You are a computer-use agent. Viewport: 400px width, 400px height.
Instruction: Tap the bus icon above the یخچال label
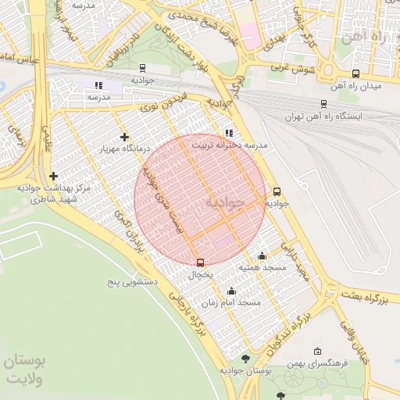point(200,262)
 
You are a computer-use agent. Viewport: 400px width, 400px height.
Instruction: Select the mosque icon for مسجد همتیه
point(261,256)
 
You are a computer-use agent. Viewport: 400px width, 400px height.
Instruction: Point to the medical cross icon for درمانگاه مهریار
point(124,137)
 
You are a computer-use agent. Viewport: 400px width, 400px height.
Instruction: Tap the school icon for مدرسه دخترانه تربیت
point(228,134)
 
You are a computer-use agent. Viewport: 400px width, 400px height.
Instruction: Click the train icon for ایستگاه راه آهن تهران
point(323,104)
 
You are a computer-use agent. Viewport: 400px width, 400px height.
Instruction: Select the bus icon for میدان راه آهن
point(356,73)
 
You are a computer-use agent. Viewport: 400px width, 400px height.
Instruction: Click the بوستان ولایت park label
point(25,370)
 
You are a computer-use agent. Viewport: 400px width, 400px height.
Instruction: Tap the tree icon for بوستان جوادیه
point(246,359)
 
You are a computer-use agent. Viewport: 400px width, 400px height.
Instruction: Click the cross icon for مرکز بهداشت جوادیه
point(53,177)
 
